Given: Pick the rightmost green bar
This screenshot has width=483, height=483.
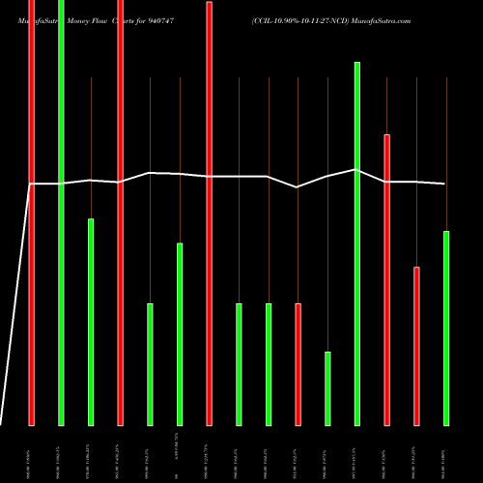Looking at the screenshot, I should pos(446,327).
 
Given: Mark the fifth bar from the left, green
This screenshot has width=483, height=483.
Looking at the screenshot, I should pos(150,364).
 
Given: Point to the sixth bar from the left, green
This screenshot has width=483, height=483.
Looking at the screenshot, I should pos(180,333).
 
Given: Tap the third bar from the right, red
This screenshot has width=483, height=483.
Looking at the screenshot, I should pos(387,279).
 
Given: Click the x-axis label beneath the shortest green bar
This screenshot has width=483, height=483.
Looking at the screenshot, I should pos(327,454).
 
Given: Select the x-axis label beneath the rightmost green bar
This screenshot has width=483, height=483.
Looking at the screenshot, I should pos(446,454).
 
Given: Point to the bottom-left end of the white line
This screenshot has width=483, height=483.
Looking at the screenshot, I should pos(2,423).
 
